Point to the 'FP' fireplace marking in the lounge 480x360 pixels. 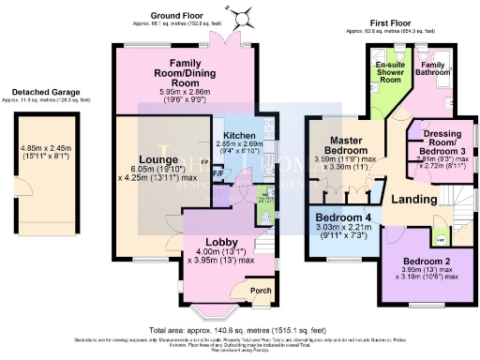pyautogui.click(x=204, y=160)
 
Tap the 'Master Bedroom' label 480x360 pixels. pyautogui.click(x=345, y=142)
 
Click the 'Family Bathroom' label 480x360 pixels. pyautogui.click(x=432, y=67)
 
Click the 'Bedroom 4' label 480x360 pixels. pyautogui.click(x=343, y=218)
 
